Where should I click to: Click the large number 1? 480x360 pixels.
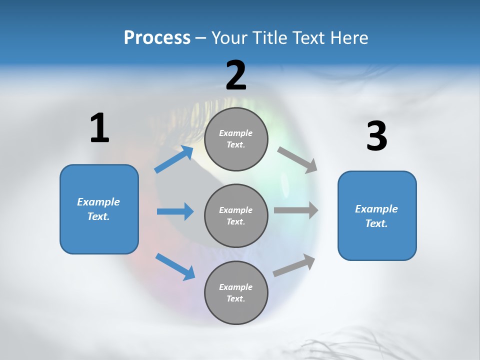click(x=99, y=128)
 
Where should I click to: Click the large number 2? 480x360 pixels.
click(x=236, y=75)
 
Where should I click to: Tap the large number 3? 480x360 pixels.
click(x=376, y=136)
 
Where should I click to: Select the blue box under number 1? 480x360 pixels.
click(x=99, y=209)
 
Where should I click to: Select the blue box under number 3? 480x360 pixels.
click(x=377, y=215)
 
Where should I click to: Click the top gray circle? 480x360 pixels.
click(x=236, y=139)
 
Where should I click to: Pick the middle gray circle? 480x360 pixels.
click(x=236, y=215)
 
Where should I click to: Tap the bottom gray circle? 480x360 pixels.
click(x=236, y=292)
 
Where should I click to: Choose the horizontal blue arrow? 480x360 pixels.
click(x=175, y=211)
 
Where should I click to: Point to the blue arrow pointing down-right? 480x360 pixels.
click(x=175, y=266)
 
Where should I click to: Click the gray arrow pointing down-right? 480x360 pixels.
click(x=297, y=160)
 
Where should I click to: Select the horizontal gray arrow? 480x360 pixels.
click(x=295, y=210)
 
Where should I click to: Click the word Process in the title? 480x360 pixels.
click(x=157, y=37)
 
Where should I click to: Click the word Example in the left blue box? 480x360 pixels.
click(x=98, y=202)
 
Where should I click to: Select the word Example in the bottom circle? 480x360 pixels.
click(x=235, y=287)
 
